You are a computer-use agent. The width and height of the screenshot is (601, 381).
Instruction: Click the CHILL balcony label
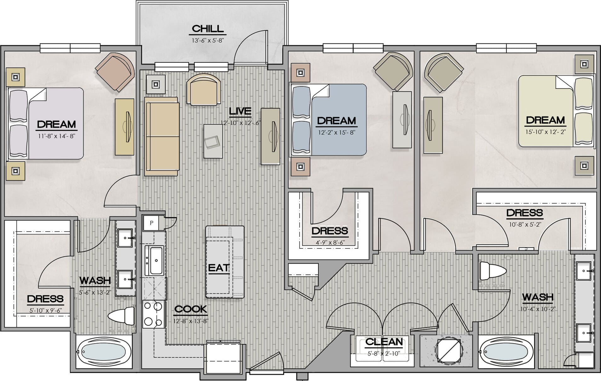[208, 29]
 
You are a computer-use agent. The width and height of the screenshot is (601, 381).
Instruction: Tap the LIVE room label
[240, 111]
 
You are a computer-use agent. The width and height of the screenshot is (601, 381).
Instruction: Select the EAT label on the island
[219, 268]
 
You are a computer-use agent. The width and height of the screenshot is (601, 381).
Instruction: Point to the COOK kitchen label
[191, 309]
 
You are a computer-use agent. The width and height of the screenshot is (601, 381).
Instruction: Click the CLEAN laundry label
[384, 342]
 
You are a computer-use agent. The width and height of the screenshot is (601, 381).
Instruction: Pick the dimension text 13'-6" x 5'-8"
[208, 40]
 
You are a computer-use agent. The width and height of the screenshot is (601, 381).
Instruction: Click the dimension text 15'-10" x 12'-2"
[545, 132]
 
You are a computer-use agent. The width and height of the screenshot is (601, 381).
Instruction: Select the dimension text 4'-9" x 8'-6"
[329, 242]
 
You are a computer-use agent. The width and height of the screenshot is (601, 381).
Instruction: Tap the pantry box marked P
[151, 223]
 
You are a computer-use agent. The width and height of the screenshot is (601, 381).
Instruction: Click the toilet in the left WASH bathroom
[122, 316]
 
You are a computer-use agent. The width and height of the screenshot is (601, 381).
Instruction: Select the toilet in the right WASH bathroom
[493, 271]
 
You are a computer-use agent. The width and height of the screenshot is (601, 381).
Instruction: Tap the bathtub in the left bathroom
[104, 352]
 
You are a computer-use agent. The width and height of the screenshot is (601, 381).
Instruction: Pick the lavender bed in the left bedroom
[46, 123]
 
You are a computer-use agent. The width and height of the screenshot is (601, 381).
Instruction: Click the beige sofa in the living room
[162, 136]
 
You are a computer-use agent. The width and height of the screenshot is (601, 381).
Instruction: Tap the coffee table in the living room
[213, 141]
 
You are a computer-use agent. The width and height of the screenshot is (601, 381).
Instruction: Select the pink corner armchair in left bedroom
[115, 72]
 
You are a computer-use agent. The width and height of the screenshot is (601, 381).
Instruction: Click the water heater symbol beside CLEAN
[449, 350]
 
